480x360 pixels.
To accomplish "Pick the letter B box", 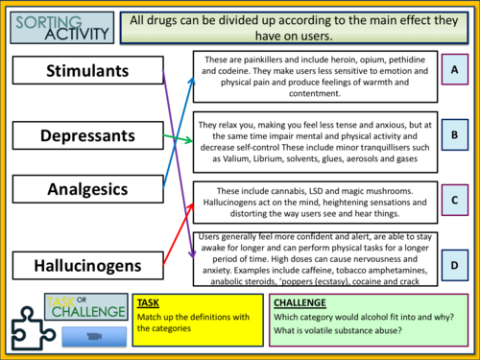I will pyautogui.click(x=457, y=135).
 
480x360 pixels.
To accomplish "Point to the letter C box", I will pyautogui.click(x=457, y=201).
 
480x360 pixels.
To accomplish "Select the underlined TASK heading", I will pyautogui.click(x=150, y=302).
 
